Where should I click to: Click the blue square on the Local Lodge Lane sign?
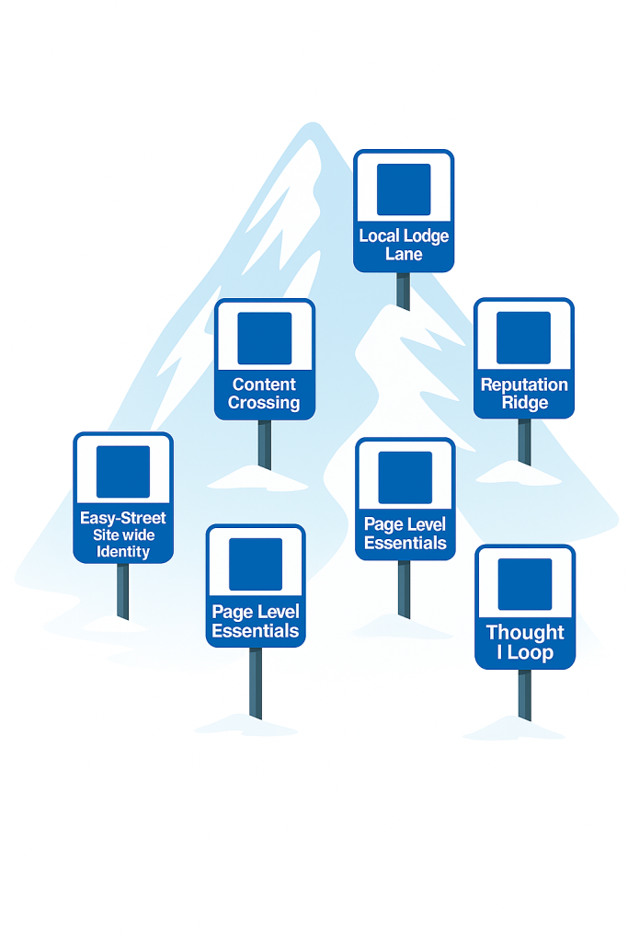[404, 190]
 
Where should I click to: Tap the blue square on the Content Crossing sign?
[265, 339]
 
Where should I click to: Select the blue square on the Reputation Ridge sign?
[523, 338]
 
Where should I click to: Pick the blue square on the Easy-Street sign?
[123, 472]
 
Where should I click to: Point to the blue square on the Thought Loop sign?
[525, 584]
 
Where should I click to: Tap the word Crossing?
[265, 403]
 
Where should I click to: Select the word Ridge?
[525, 403]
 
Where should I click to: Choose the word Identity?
[123, 552]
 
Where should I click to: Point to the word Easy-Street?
[123, 518]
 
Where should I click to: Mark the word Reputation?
[524, 385]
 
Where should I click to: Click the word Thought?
[525, 632]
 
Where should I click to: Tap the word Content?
[265, 385]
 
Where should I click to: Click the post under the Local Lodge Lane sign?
[403, 290]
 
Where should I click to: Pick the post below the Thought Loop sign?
[524, 695]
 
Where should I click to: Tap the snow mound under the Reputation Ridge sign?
[520, 473]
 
